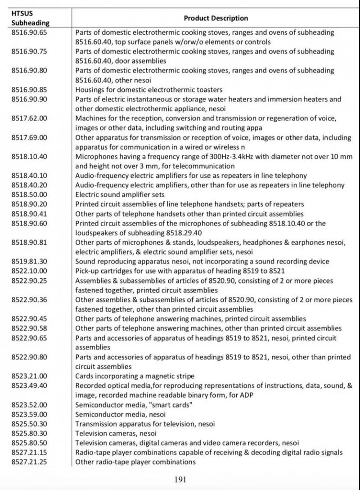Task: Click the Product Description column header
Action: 216,18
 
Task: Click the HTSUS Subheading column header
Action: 30,18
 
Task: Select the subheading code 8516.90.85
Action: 27,90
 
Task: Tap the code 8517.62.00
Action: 27,118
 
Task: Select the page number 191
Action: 180,479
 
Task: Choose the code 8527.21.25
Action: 27,462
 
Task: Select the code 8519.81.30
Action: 27,261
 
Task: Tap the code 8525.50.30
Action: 27,424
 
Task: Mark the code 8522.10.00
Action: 27,271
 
